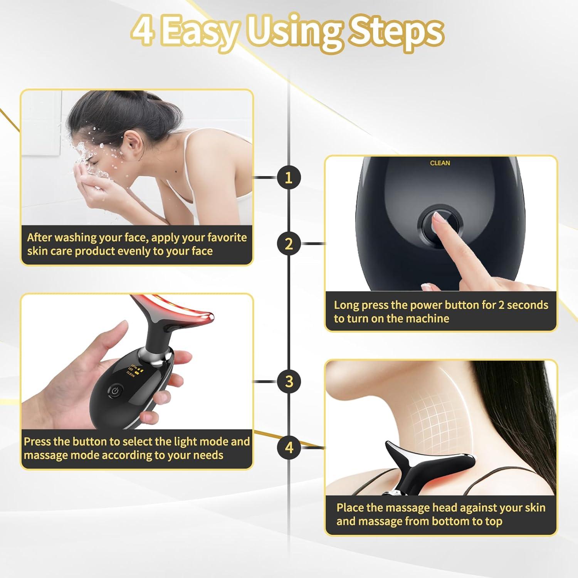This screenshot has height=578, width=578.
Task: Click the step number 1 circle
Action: (289, 178)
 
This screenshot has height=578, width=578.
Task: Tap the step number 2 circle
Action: (289, 244)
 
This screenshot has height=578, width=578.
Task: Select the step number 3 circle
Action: (289, 381)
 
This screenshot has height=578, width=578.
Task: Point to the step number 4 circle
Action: (289, 448)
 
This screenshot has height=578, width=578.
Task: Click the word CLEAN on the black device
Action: (440, 163)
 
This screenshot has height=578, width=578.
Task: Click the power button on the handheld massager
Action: (114, 391)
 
